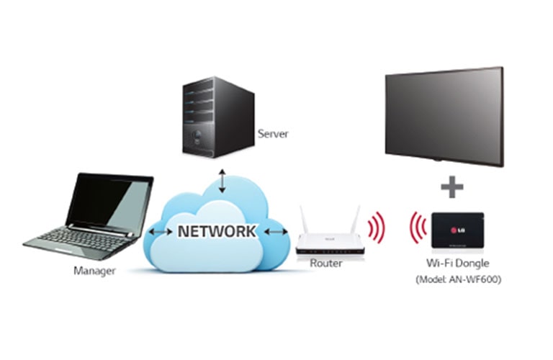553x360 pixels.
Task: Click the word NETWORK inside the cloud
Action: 216,232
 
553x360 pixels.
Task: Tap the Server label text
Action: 272,134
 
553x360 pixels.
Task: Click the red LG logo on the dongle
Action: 455,230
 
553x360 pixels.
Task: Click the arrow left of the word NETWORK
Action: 159,232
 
